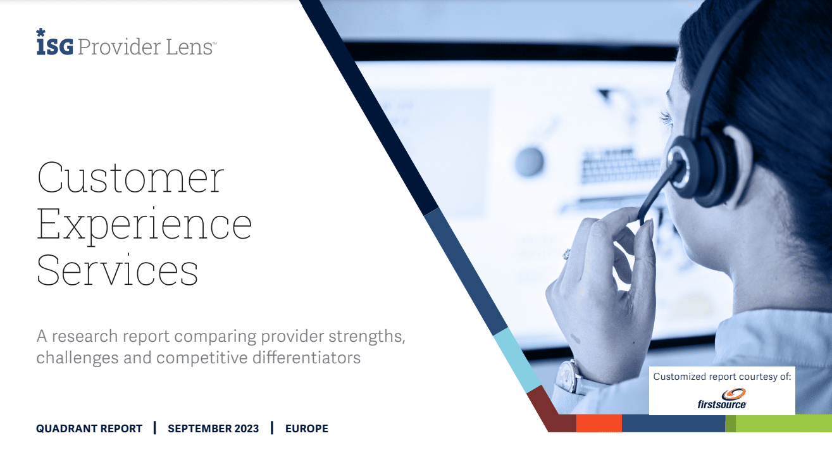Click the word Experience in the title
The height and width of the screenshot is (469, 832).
pos(144,225)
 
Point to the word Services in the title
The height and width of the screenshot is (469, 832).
pos(117,270)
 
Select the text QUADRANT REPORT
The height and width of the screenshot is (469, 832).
pos(89,428)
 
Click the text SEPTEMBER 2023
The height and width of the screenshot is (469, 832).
pos(213,428)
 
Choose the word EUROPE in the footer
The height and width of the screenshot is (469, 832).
pos(307,428)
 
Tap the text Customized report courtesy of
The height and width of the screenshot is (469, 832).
pos(722,377)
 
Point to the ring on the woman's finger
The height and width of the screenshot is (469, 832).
pos(566,254)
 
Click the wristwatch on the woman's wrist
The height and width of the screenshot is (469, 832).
pos(569,376)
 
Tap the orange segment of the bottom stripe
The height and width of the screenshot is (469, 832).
pos(599,423)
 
